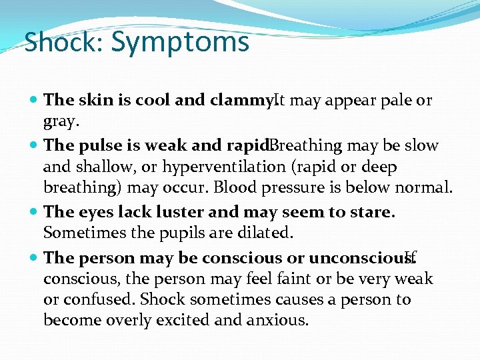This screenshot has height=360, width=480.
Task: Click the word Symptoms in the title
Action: click(x=180, y=42)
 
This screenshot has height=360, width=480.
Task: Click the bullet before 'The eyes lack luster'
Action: click(x=34, y=213)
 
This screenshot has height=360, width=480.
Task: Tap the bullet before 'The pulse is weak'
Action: click(x=34, y=145)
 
